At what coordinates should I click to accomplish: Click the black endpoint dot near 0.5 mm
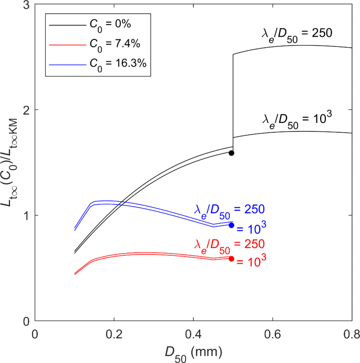[x=231, y=153]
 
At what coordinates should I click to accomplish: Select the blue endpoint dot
[x=231, y=225]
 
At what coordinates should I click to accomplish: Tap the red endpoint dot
[x=231, y=258]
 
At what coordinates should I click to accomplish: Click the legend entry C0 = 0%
[x=105, y=24]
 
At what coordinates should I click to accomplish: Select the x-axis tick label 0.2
[x=114, y=333]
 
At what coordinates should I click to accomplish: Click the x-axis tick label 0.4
[x=193, y=333]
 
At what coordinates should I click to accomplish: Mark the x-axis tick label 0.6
[x=272, y=333]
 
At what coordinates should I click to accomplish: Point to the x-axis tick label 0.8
[x=351, y=333]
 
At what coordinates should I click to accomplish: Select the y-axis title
[x=12, y=162]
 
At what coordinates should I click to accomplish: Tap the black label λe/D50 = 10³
[x=297, y=119]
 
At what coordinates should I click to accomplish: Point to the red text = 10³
[x=249, y=261]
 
